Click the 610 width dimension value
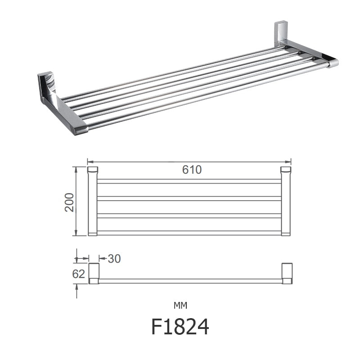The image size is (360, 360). click(x=192, y=170)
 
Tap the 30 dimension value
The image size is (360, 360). click(x=114, y=258)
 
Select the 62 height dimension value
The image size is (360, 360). click(x=79, y=274)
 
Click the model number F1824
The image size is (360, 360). click(x=180, y=326)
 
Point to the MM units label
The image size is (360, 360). click(x=180, y=306)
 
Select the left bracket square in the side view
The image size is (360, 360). click(x=94, y=271)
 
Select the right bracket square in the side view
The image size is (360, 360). click(x=287, y=271)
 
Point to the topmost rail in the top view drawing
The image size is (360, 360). click(x=189, y=181)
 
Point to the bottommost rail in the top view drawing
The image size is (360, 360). click(x=189, y=233)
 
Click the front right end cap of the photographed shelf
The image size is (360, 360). click(x=333, y=63)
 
